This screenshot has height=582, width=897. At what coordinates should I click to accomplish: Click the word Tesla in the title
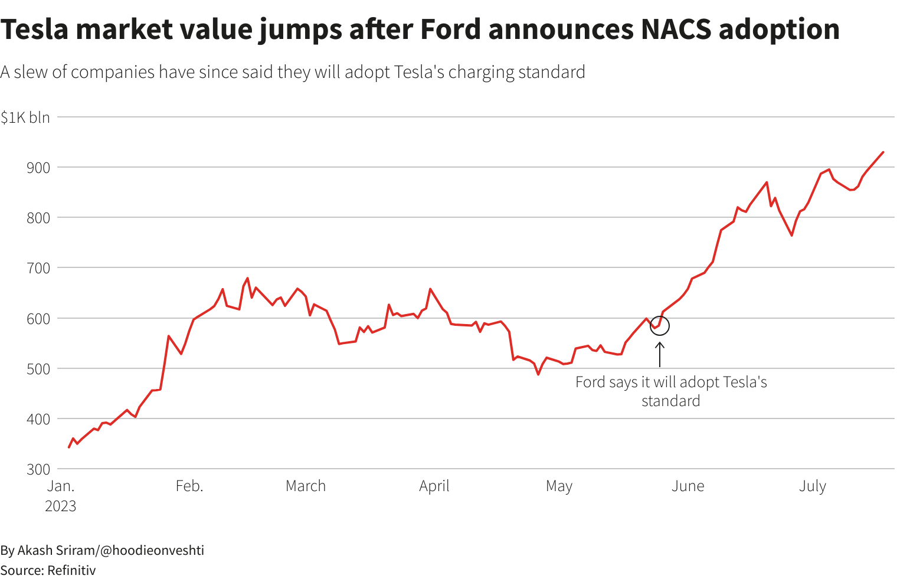[34, 30]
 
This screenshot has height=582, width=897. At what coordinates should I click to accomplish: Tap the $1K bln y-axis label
[25, 117]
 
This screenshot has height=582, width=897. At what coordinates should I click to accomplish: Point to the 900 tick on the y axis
[38, 168]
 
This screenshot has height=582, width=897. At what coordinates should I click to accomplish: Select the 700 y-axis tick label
[38, 268]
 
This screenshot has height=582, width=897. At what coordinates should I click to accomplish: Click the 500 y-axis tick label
[38, 368]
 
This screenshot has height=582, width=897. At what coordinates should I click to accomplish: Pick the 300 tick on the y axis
[38, 469]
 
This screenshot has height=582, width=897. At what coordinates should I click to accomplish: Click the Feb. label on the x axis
[189, 486]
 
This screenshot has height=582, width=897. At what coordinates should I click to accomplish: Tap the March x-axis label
[306, 486]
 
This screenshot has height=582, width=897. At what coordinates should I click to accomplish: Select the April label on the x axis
[434, 486]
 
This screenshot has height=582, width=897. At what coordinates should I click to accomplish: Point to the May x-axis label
[559, 486]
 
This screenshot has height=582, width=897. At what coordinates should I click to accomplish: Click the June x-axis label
[688, 486]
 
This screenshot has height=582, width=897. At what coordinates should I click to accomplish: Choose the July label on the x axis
[813, 486]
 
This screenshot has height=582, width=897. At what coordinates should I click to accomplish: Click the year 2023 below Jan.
[61, 506]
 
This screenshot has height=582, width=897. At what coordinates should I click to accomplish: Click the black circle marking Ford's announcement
[660, 325]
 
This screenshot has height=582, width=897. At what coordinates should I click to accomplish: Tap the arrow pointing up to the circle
[660, 354]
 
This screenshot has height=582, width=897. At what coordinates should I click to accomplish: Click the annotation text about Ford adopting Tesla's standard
[671, 391]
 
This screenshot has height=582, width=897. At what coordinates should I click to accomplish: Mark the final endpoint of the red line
[883, 152]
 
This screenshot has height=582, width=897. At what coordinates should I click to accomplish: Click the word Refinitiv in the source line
[71, 570]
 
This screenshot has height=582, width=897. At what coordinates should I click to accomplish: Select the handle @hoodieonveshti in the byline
[152, 550]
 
